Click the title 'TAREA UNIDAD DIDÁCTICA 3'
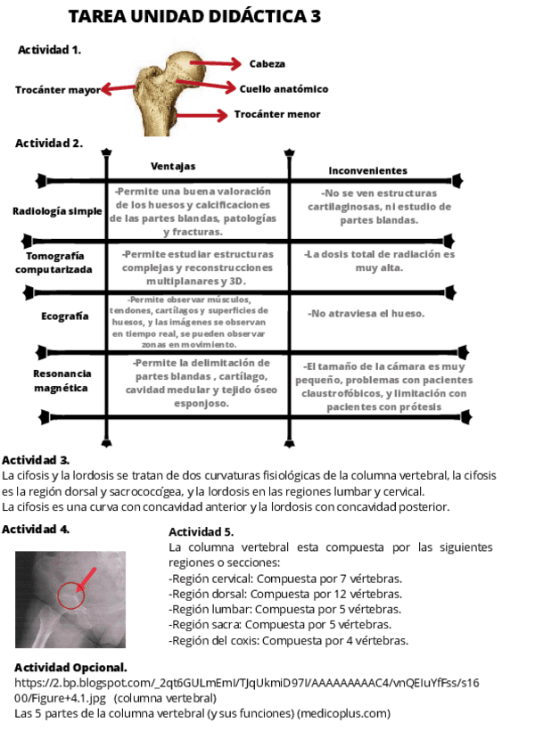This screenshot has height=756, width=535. tap(194, 18)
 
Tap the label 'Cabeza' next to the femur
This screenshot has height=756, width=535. tap(267, 63)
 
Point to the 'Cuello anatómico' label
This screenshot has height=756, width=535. tap(284, 89)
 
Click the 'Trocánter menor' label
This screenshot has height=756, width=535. tap(277, 114)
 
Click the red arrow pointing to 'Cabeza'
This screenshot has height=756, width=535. tap(219, 63)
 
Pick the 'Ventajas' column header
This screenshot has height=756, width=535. tap(172, 167)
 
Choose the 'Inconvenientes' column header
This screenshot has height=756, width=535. tap(367, 170)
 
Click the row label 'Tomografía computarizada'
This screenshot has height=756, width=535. tap(53, 262)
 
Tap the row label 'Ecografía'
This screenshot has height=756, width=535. tap(65, 316)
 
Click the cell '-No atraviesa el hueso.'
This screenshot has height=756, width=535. tap(366, 314)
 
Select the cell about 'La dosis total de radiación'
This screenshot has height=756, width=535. tap(379, 260)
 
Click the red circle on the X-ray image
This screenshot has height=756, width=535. tap(70, 596)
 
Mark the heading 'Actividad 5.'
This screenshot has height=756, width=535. tap(201, 532)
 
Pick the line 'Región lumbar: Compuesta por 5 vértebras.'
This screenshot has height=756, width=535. tap(284, 609)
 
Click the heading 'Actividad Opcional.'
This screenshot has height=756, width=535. tap(70, 667)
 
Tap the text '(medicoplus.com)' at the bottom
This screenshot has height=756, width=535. tap(344, 713)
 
